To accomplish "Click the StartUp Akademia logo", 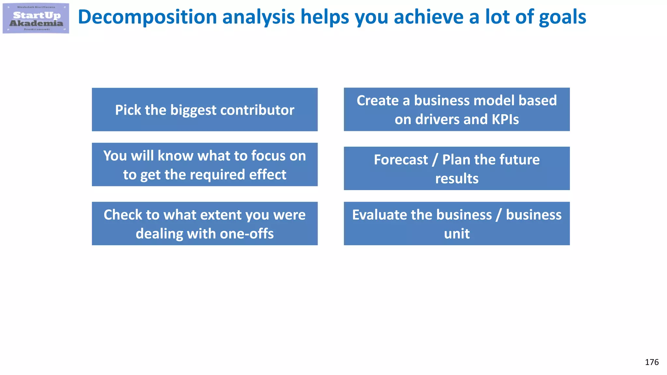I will pos(36,18).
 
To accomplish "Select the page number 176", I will pos(651,362).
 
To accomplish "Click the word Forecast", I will pos(401,160).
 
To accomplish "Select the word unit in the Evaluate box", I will pos(457,234).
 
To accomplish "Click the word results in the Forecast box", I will pos(457,179).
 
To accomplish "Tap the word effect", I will pos(267,175).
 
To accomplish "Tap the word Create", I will pos(377,101).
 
